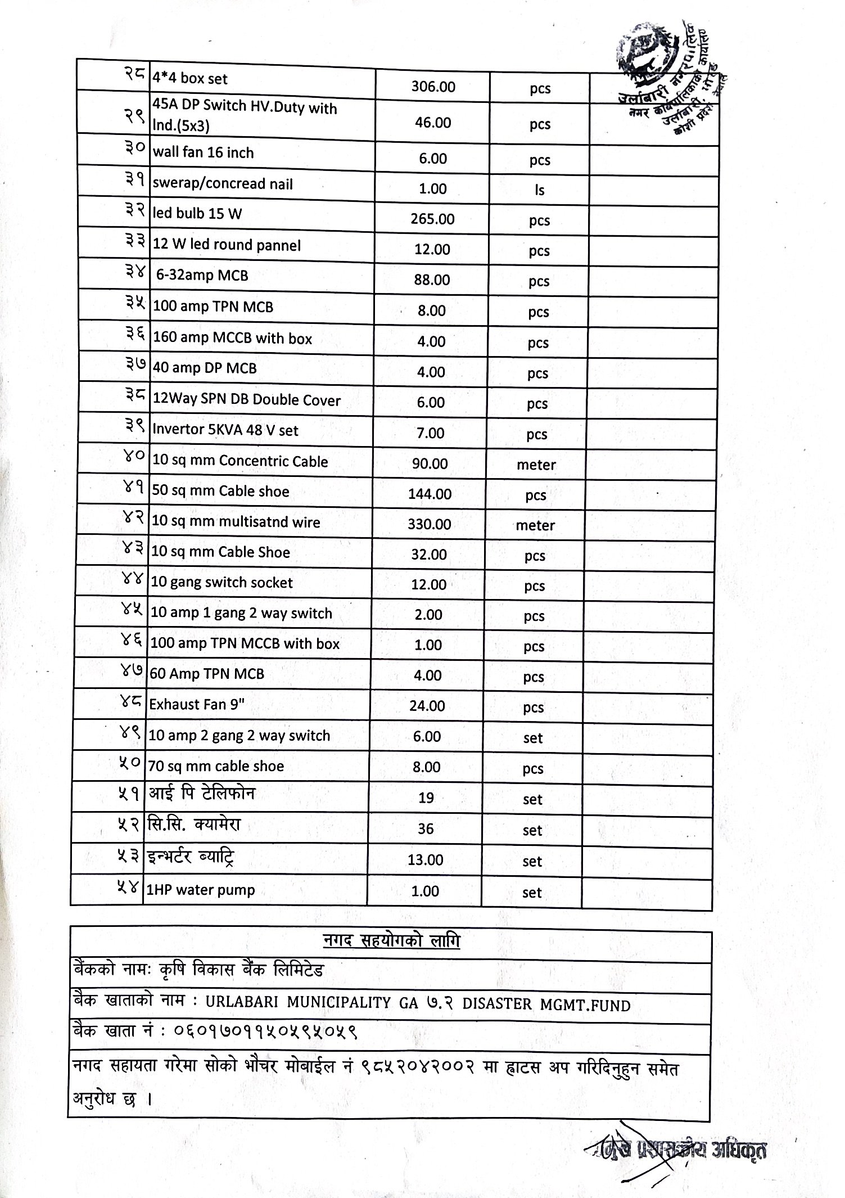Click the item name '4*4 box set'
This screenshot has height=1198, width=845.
click(x=190, y=79)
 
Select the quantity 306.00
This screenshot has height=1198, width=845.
click(x=433, y=87)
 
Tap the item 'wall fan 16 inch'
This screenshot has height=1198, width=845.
click(x=203, y=153)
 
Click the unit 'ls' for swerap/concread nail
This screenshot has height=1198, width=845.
click(x=539, y=190)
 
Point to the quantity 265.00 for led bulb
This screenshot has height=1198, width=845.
click(x=432, y=219)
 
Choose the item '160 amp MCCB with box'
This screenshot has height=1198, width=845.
click(x=232, y=338)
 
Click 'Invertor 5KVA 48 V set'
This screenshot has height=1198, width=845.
click(x=225, y=430)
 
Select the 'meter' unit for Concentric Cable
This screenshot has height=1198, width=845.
click(x=536, y=465)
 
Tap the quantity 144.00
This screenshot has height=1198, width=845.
click(x=430, y=494)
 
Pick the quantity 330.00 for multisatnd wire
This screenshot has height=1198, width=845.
click(x=429, y=524)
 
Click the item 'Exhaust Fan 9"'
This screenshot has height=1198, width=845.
click(x=197, y=704)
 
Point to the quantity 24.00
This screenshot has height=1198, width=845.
click(x=427, y=706)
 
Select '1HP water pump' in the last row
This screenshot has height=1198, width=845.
click(x=201, y=890)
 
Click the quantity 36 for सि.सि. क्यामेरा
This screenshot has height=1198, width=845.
click(x=426, y=828)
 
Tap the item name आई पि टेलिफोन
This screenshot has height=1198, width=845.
click(x=202, y=794)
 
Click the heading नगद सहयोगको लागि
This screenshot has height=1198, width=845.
click(x=391, y=940)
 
